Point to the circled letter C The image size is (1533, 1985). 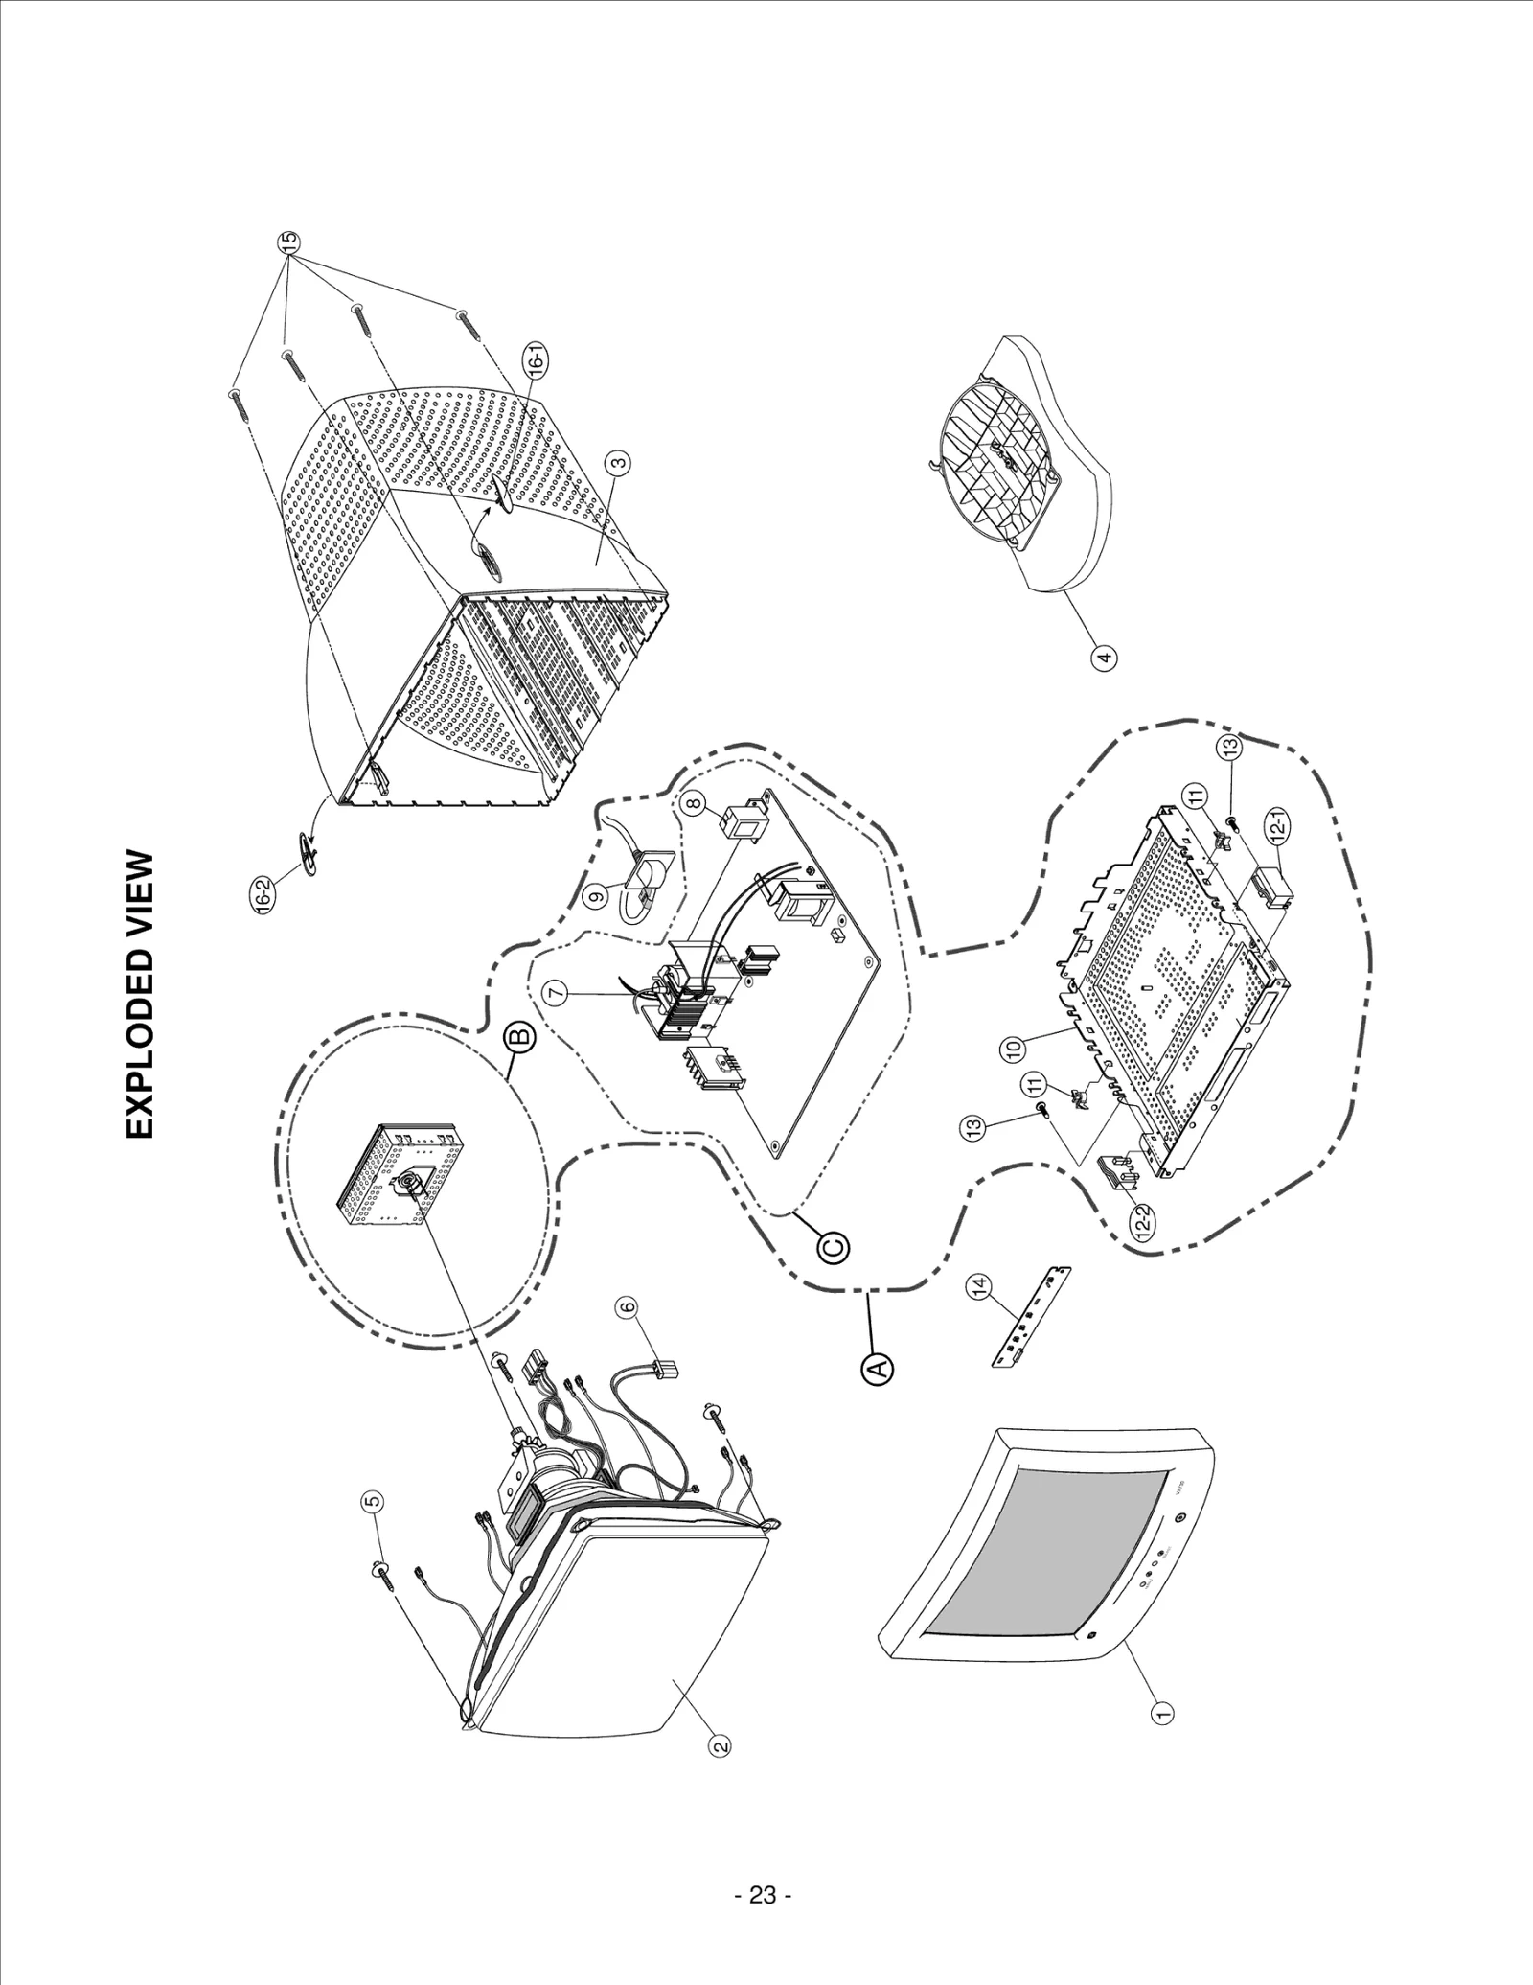[834, 1247]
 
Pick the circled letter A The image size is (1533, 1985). [880, 1368]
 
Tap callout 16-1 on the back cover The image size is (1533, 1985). [538, 361]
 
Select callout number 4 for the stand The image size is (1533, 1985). [1105, 658]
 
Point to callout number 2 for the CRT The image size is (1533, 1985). [720, 1747]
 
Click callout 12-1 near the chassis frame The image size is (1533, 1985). [1280, 823]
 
